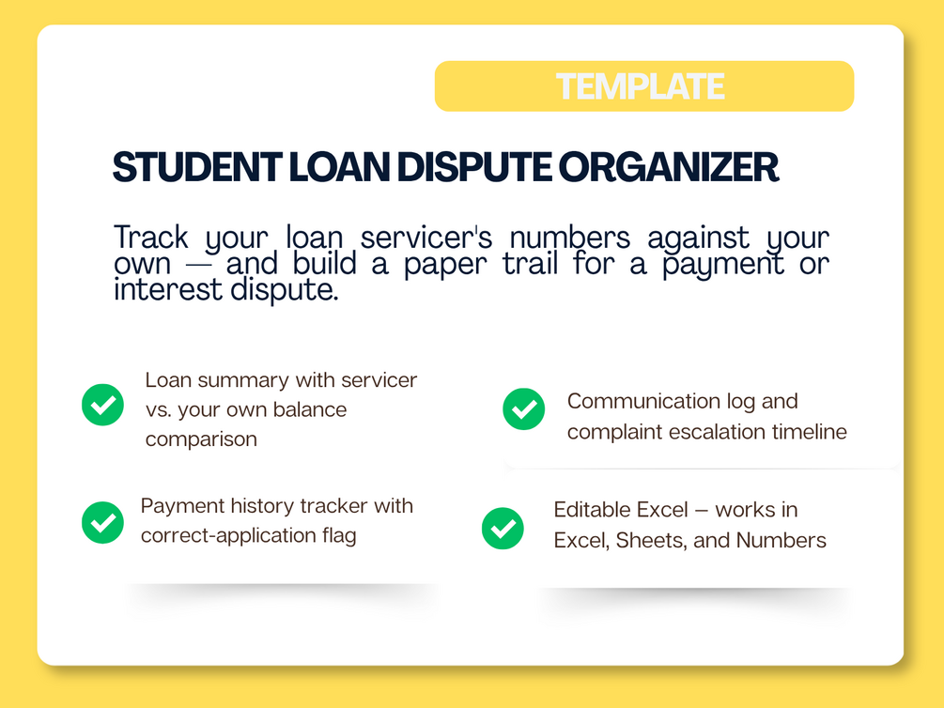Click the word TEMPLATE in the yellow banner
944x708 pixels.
640,86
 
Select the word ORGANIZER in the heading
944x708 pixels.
668,167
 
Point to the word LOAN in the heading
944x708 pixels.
339,167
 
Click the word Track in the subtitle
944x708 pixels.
151,238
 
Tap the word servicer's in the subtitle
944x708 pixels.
426,238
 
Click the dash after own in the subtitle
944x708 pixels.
199,266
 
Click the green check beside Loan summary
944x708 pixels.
103,405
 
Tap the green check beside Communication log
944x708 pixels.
524,408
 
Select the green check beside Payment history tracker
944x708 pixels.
103,522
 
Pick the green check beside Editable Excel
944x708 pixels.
503,528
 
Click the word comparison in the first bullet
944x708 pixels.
201,440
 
